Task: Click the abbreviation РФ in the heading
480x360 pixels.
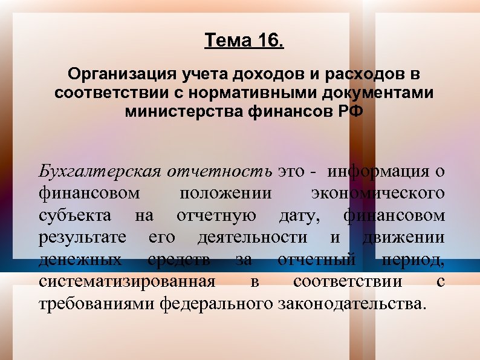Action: (349, 112)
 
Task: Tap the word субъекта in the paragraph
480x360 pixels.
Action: (74, 215)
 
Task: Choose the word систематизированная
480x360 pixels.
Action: (126, 281)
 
